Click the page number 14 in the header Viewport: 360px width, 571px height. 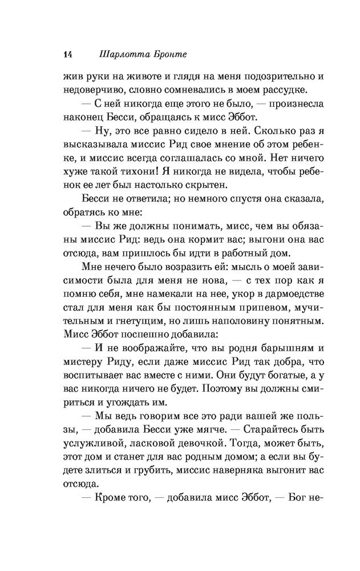[x=67, y=55]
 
